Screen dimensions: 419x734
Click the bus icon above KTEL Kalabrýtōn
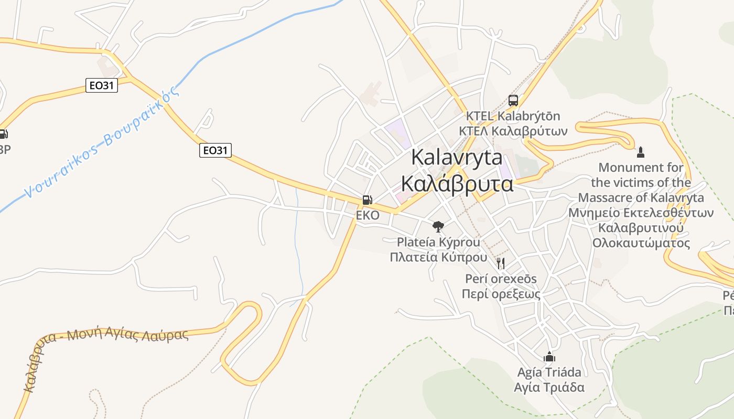click(513, 100)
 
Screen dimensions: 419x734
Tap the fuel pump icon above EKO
click(367, 200)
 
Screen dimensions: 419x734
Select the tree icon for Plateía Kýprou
click(438, 226)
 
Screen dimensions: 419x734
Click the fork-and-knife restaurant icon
click(501, 263)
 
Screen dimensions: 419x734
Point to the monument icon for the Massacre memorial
click(640, 152)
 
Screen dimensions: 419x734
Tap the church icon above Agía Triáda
click(549, 357)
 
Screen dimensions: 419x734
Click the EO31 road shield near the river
click(215, 150)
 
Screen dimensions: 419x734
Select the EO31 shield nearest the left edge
click(102, 85)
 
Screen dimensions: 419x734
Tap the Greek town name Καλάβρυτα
click(457, 183)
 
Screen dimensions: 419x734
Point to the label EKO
click(367, 215)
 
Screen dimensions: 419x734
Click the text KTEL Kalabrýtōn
click(513, 116)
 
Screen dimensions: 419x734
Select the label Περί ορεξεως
click(501, 294)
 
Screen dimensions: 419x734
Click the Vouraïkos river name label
click(103, 142)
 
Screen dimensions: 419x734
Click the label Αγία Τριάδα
click(549, 388)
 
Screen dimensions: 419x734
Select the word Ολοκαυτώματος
click(641, 243)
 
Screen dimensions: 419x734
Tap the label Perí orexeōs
click(501, 279)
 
